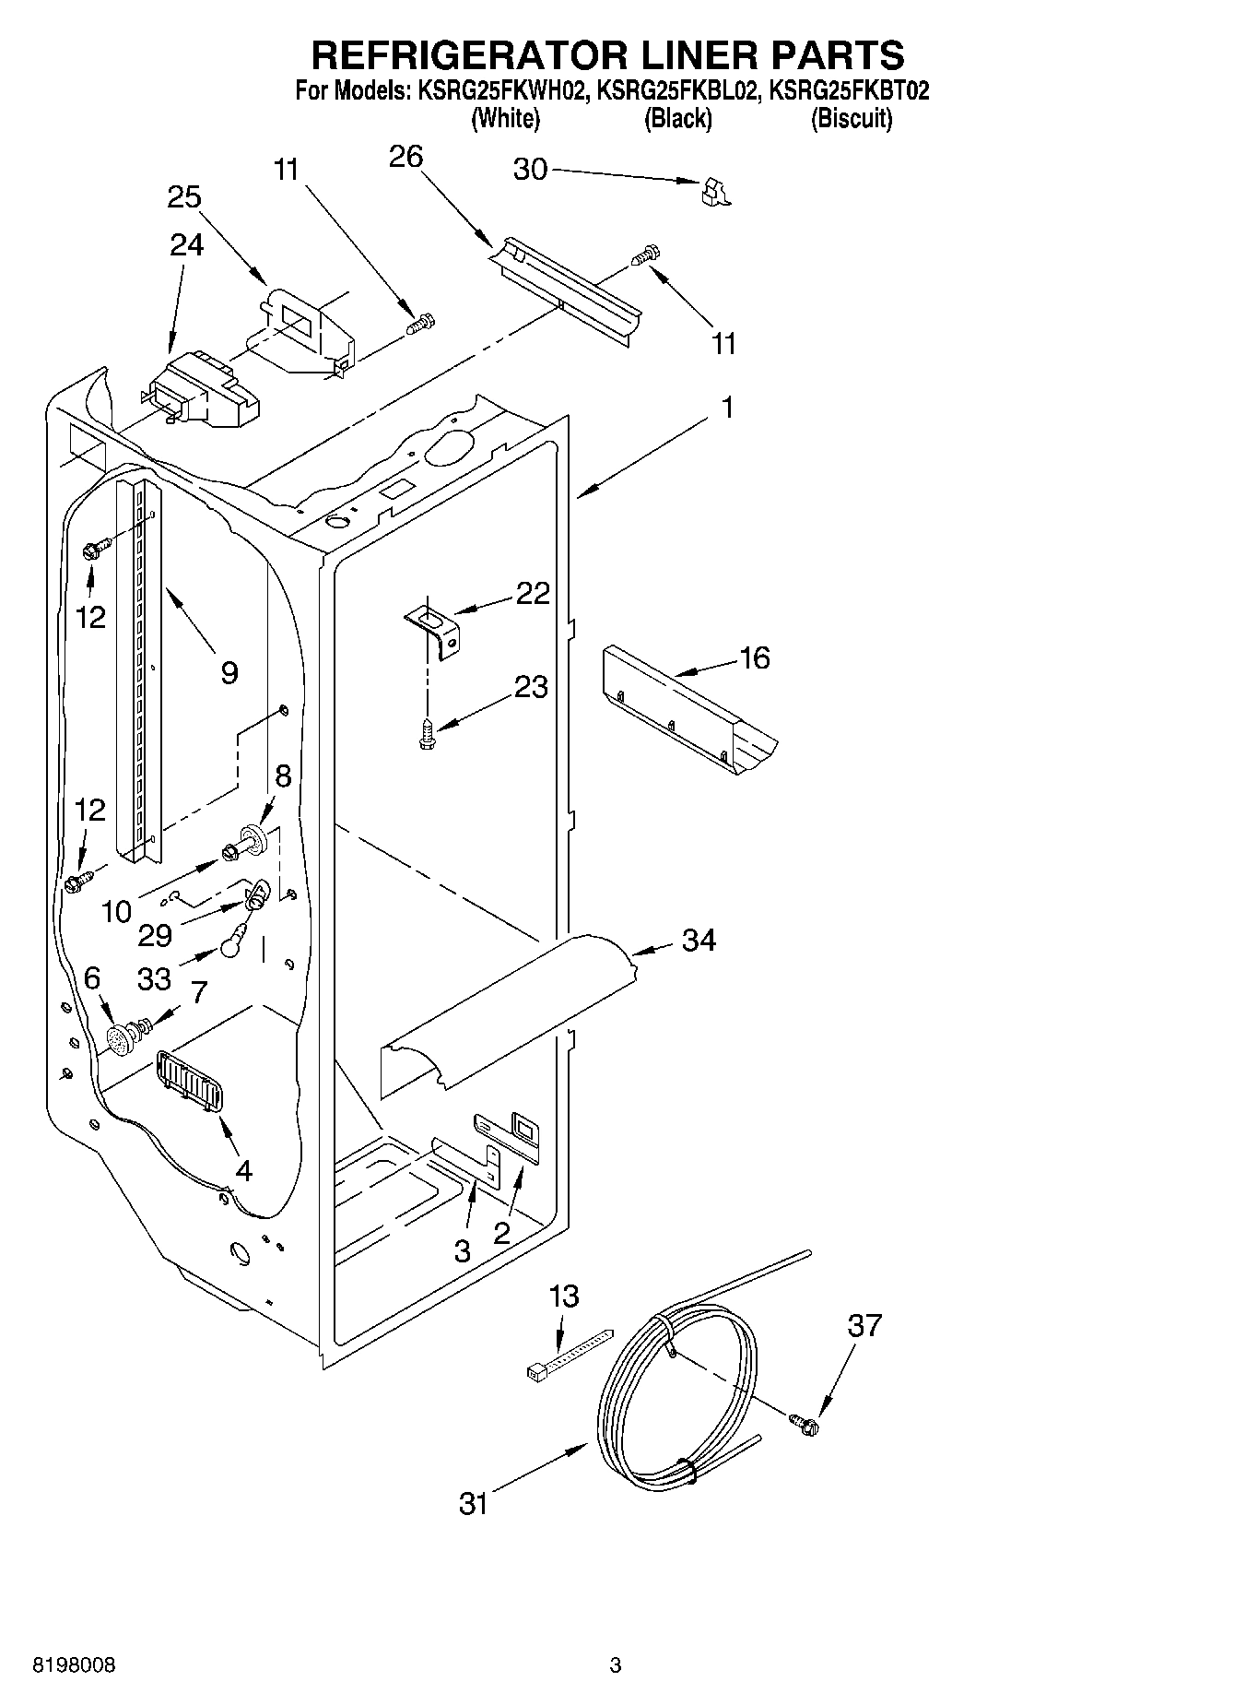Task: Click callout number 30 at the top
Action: click(530, 170)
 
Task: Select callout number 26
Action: click(405, 158)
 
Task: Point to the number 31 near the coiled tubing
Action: click(474, 1504)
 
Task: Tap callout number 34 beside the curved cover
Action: click(699, 940)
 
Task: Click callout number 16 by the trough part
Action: click(754, 657)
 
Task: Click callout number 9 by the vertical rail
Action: click(229, 672)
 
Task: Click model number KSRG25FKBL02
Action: click(678, 91)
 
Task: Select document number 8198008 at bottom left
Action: click(75, 1665)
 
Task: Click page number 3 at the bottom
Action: click(615, 1665)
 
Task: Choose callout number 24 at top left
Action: click(186, 244)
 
